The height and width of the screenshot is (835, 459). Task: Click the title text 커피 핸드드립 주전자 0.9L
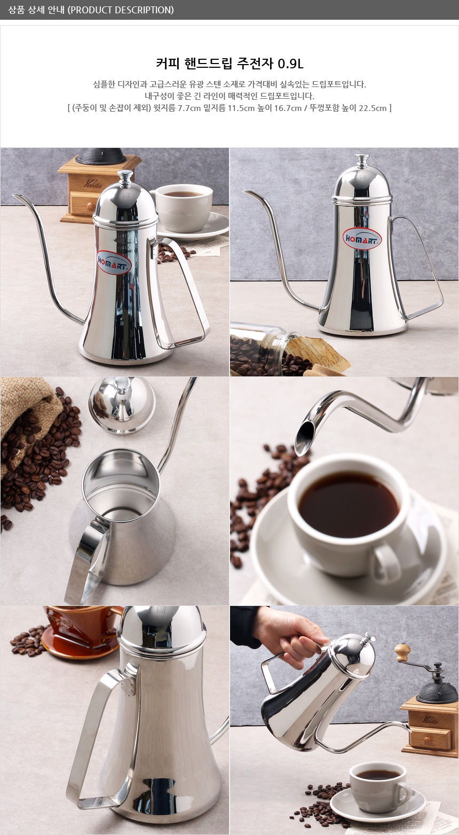[230, 64]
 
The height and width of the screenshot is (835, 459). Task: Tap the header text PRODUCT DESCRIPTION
[122, 10]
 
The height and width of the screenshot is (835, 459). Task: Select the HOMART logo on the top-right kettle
[362, 239]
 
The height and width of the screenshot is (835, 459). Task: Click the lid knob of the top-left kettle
[125, 177]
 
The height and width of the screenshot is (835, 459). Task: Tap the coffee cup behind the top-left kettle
[183, 207]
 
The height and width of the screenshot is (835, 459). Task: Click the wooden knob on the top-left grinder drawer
[90, 206]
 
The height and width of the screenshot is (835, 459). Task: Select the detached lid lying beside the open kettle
[116, 405]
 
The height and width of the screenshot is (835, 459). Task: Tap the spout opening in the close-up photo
[304, 438]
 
